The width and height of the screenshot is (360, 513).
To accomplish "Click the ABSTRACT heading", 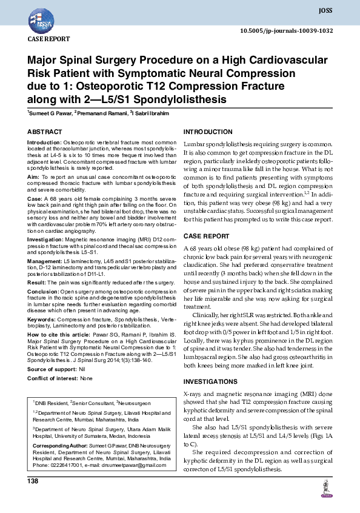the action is [x=44, y=132].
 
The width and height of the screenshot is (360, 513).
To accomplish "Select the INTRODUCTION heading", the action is [x=209, y=132].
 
